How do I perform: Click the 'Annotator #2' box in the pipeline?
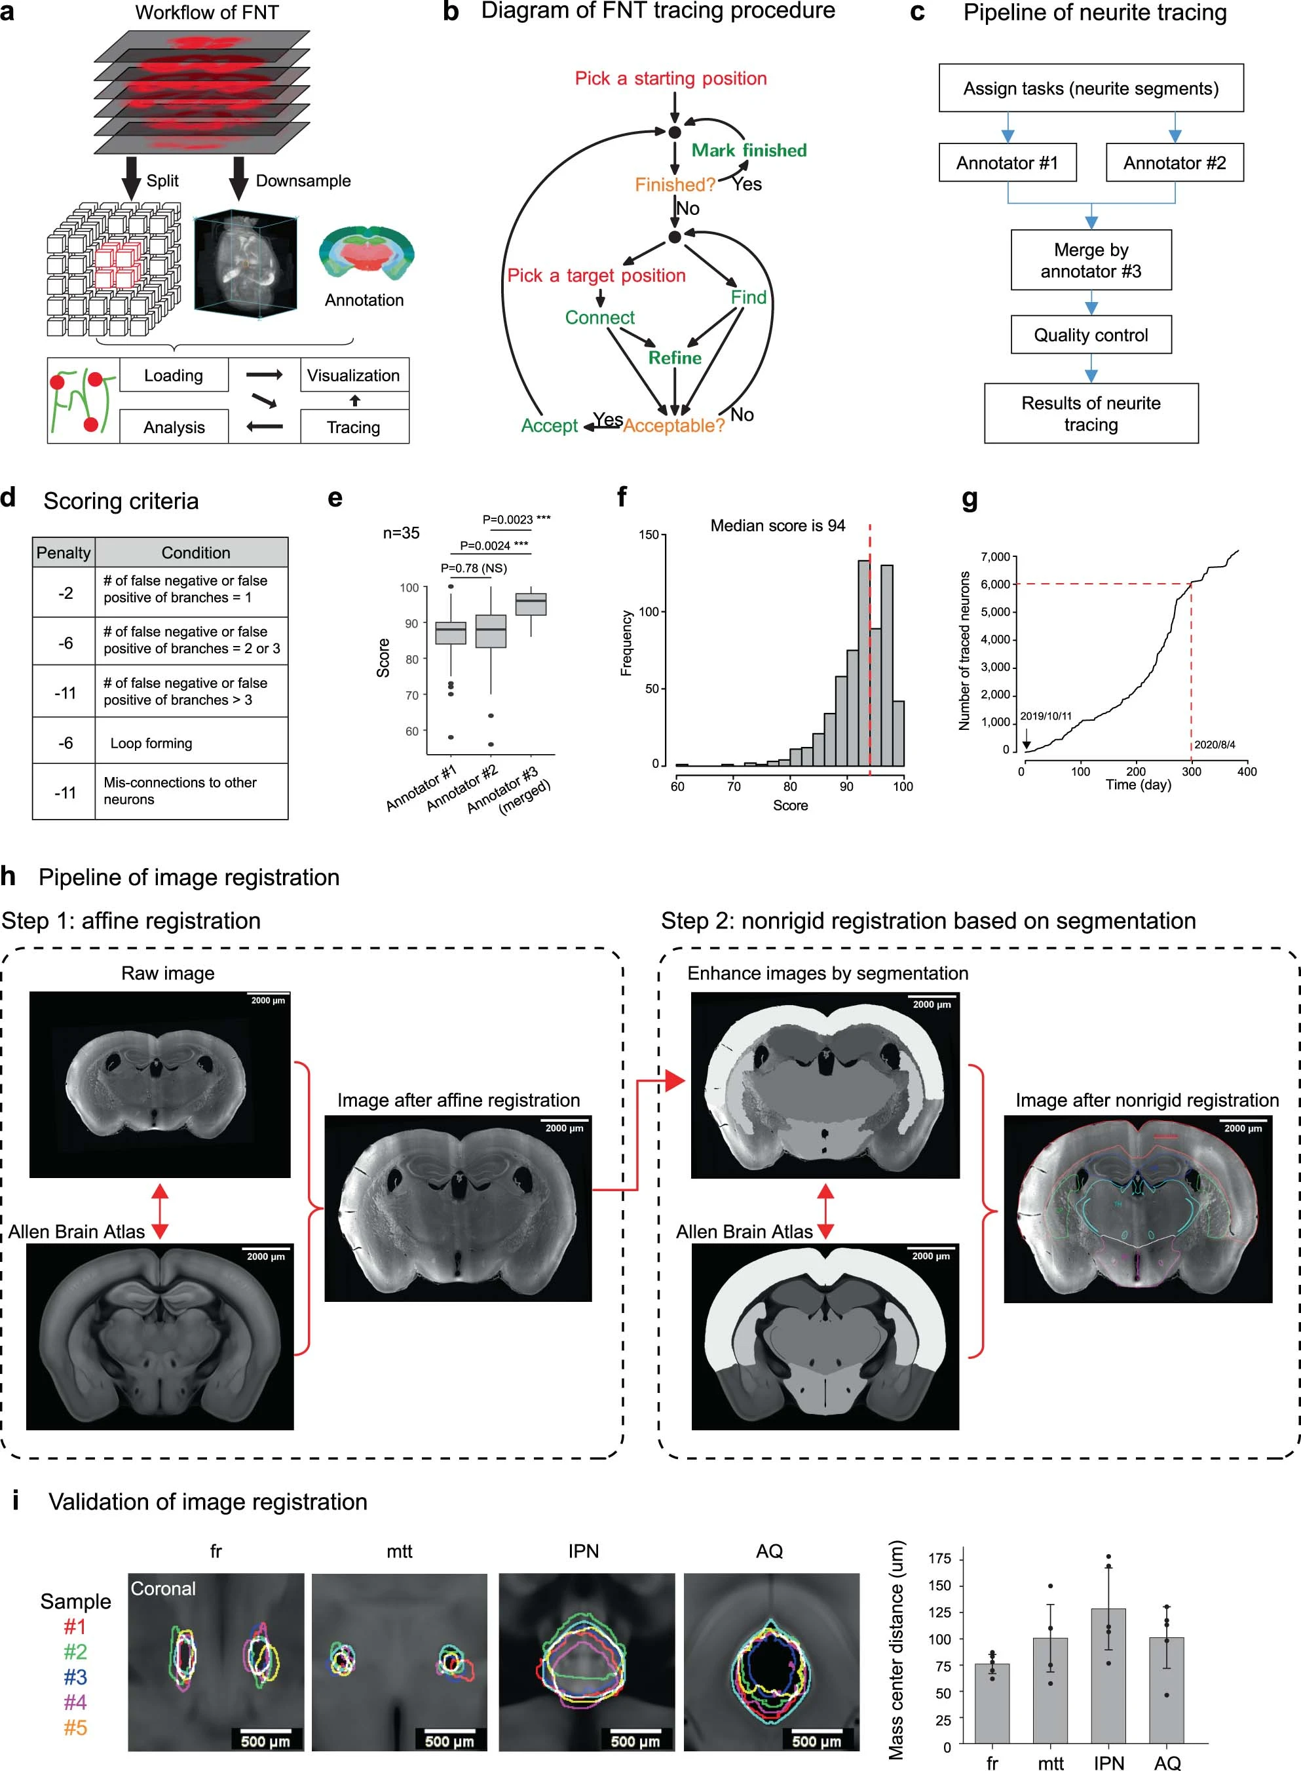[1174, 163]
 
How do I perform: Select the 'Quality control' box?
[1091, 335]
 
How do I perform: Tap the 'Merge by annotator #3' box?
[1091, 261]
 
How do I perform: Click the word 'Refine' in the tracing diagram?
[675, 358]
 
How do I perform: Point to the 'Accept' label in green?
[549, 426]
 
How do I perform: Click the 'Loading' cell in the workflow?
[173, 375]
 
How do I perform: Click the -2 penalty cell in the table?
[65, 593]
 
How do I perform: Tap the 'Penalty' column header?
[64, 553]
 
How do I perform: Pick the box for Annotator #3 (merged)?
[531, 604]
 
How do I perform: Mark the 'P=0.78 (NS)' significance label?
[474, 569]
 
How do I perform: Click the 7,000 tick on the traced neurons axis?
[996, 558]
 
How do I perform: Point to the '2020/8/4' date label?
[1215, 745]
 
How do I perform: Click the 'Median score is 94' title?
[778, 526]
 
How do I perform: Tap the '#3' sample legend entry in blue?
[75, 1677]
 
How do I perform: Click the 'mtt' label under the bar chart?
[1050, 1763]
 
